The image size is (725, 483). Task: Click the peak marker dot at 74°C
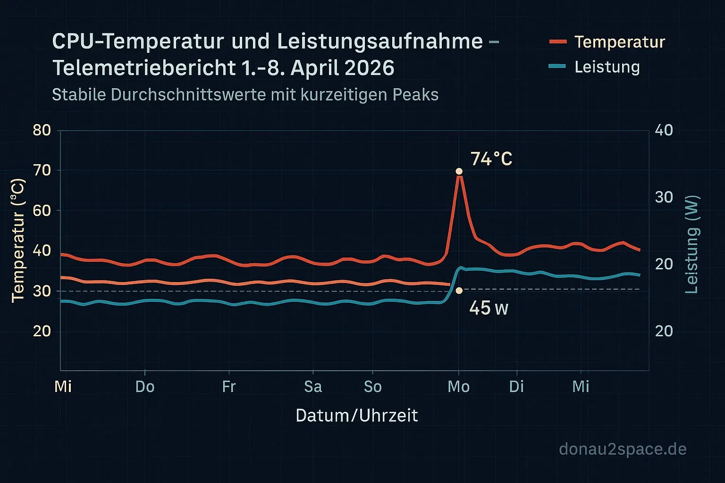click(459, 171)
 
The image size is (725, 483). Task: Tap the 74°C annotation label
click(491, 159)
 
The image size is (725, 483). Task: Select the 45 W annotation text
click(489, 308)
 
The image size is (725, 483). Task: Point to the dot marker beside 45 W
click(459, 291)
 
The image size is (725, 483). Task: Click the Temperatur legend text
click(619, 42)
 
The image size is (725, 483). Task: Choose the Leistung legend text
click(607, 67)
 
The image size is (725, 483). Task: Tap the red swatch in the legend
click(558, 42)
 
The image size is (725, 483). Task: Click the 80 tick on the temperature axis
click(42, 130)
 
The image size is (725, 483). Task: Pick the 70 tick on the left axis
click(42, 170)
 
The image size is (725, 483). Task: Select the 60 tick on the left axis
click(42, 210)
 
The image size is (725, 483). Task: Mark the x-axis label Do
click(145, 387)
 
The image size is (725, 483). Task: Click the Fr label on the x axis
click(229, 387)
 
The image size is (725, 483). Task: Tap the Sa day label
click(313, 387)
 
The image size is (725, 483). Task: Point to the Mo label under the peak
click(458, 387)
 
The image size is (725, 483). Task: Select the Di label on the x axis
click(516, 387)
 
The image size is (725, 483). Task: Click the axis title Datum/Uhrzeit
click(357, 416)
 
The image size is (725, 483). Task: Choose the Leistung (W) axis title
click(691, 244)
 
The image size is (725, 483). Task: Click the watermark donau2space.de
click(623, 449)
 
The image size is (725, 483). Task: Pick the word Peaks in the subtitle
click(418, 95)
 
